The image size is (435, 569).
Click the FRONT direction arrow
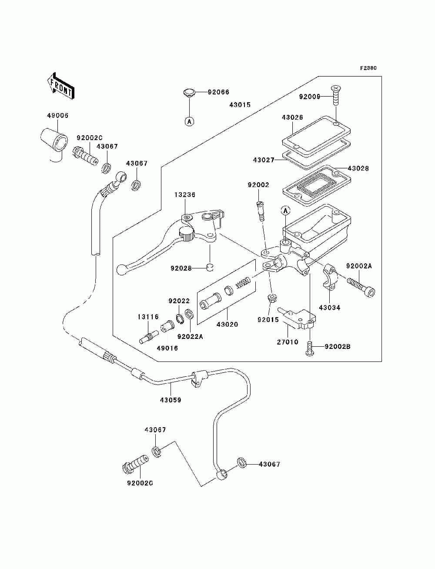point(60,85)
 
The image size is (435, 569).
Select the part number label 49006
point(57,116)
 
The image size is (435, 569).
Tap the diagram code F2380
point(368,68)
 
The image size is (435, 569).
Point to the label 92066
point(218,92)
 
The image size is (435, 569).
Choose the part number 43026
point(292,117)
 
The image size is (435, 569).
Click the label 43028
point(358,168)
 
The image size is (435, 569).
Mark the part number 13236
point(185,194)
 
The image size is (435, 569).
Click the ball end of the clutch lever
point(121,270)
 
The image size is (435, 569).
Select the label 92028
point(181,268)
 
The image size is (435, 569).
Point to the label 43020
point(227,324)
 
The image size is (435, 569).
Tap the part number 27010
point(288,342)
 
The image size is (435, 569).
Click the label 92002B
point(338,347)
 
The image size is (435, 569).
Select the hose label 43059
point(171,400)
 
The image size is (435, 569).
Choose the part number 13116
point(148,317)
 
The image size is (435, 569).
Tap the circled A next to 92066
point(189,121)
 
